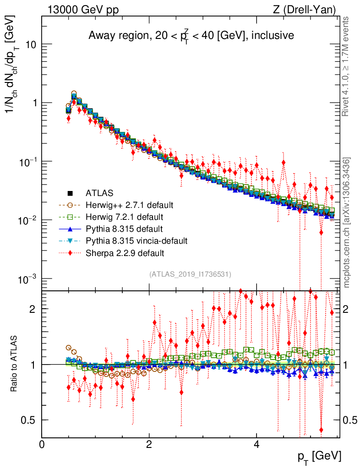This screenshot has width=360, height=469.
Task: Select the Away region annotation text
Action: click(x=191, y=36)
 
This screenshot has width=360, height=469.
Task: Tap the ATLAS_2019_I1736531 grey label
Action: click(x=190, y=274)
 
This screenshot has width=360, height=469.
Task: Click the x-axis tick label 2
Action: click(x=149, y=444)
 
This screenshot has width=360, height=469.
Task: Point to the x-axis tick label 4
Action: click(x=256, y=444)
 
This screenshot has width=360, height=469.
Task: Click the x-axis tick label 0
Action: click(x=42, y=444)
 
